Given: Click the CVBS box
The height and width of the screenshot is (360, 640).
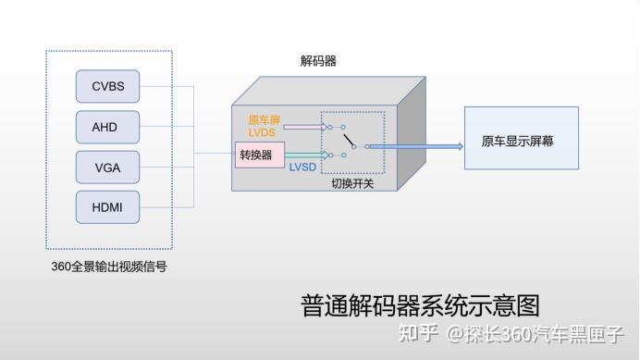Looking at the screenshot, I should coord(107,87).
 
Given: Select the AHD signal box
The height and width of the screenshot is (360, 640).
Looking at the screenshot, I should coord(107,127).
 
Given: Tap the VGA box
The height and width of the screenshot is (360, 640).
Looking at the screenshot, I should coord(107,168).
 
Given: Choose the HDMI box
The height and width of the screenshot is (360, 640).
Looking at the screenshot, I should coord(107,207).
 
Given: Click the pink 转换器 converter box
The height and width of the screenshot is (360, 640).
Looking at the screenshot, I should coord(255,155).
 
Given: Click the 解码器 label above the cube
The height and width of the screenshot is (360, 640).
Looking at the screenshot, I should coord(318,61).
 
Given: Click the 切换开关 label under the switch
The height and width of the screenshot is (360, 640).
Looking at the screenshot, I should coord(352,183).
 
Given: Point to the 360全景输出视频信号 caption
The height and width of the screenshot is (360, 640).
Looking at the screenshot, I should coord(109,267).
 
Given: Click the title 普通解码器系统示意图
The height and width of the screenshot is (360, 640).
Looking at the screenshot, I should coord(420,304).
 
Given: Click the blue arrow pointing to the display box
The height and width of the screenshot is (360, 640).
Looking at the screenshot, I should coord(416,146).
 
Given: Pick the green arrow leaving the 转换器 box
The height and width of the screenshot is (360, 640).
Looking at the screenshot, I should coord(305,155).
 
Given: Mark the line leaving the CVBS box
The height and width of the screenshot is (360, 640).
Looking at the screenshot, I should coord(166,87).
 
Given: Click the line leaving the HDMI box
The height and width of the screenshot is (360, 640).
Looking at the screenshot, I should coord(166,207).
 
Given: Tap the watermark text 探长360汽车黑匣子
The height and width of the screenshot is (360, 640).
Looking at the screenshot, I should coord(546,333).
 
